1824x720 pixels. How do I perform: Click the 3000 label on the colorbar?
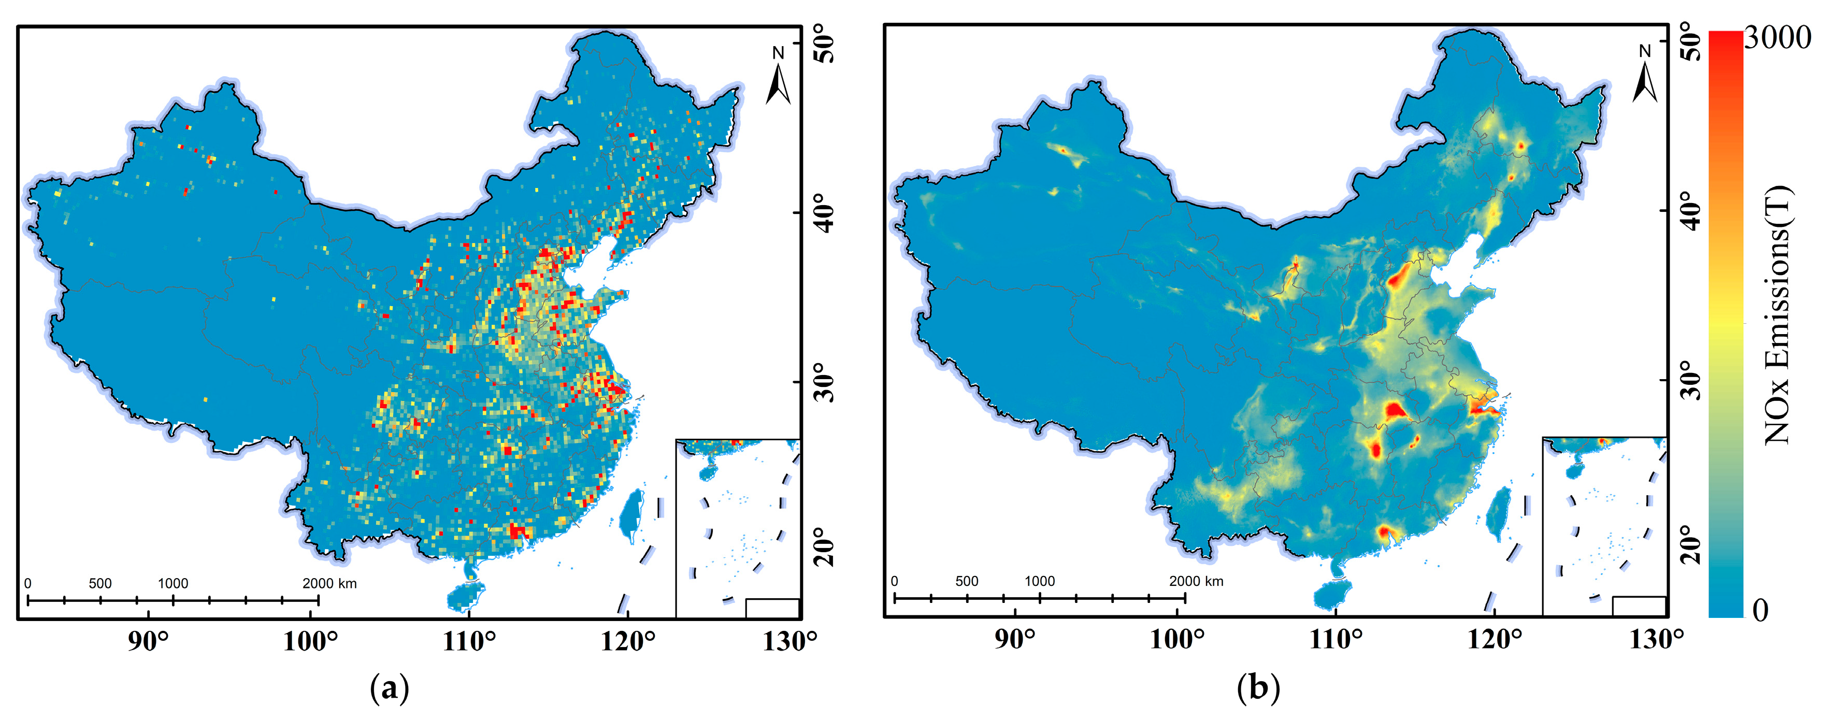coord(1777,37)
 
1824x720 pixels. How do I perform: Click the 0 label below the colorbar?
coord(1760,610)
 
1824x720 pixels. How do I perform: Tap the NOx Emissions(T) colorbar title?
coord(1778,315)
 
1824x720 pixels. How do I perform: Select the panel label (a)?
coord(390,687)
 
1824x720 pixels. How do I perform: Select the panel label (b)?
coord(1258,687)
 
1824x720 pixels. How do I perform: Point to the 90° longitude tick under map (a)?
coord(148,641)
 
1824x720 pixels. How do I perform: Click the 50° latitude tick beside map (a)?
coord(824,42)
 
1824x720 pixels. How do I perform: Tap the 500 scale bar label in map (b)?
coord(967,581)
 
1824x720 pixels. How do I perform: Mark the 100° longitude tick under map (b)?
coord(1177,639)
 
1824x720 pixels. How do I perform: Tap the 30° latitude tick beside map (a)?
coord(824,382)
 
